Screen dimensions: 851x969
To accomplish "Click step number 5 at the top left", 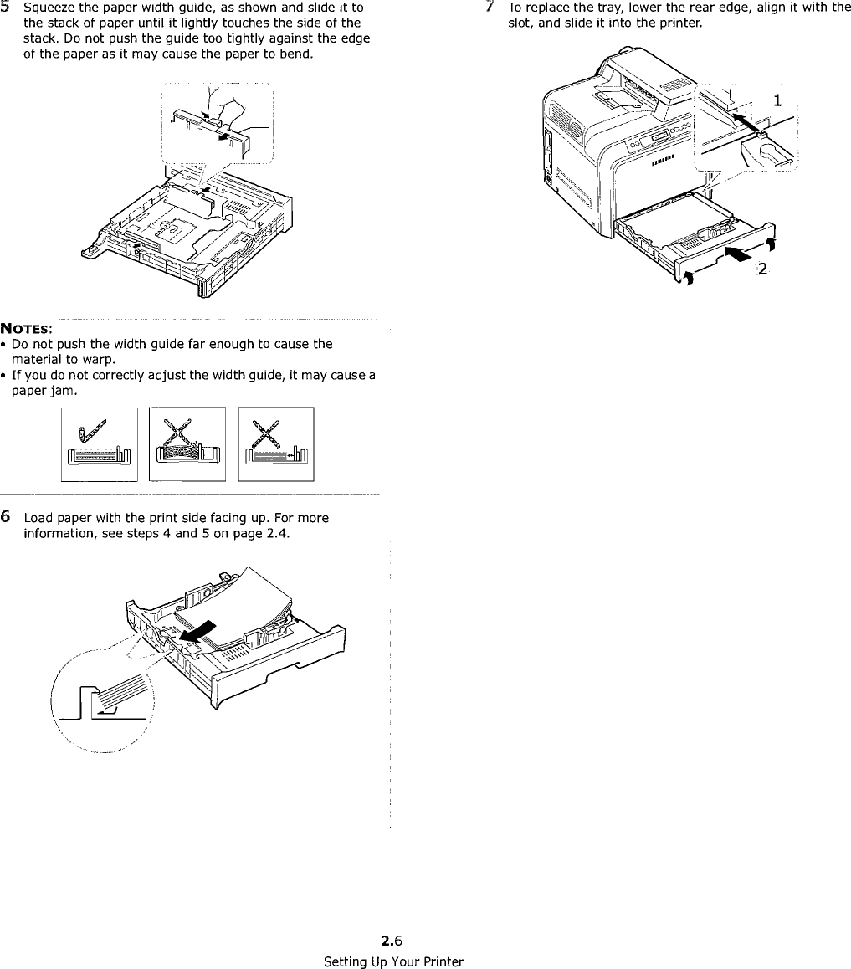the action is click(6, 8).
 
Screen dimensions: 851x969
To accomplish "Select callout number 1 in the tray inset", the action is click(777, 100).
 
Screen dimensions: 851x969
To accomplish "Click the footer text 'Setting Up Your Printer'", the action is click(393, 961).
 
